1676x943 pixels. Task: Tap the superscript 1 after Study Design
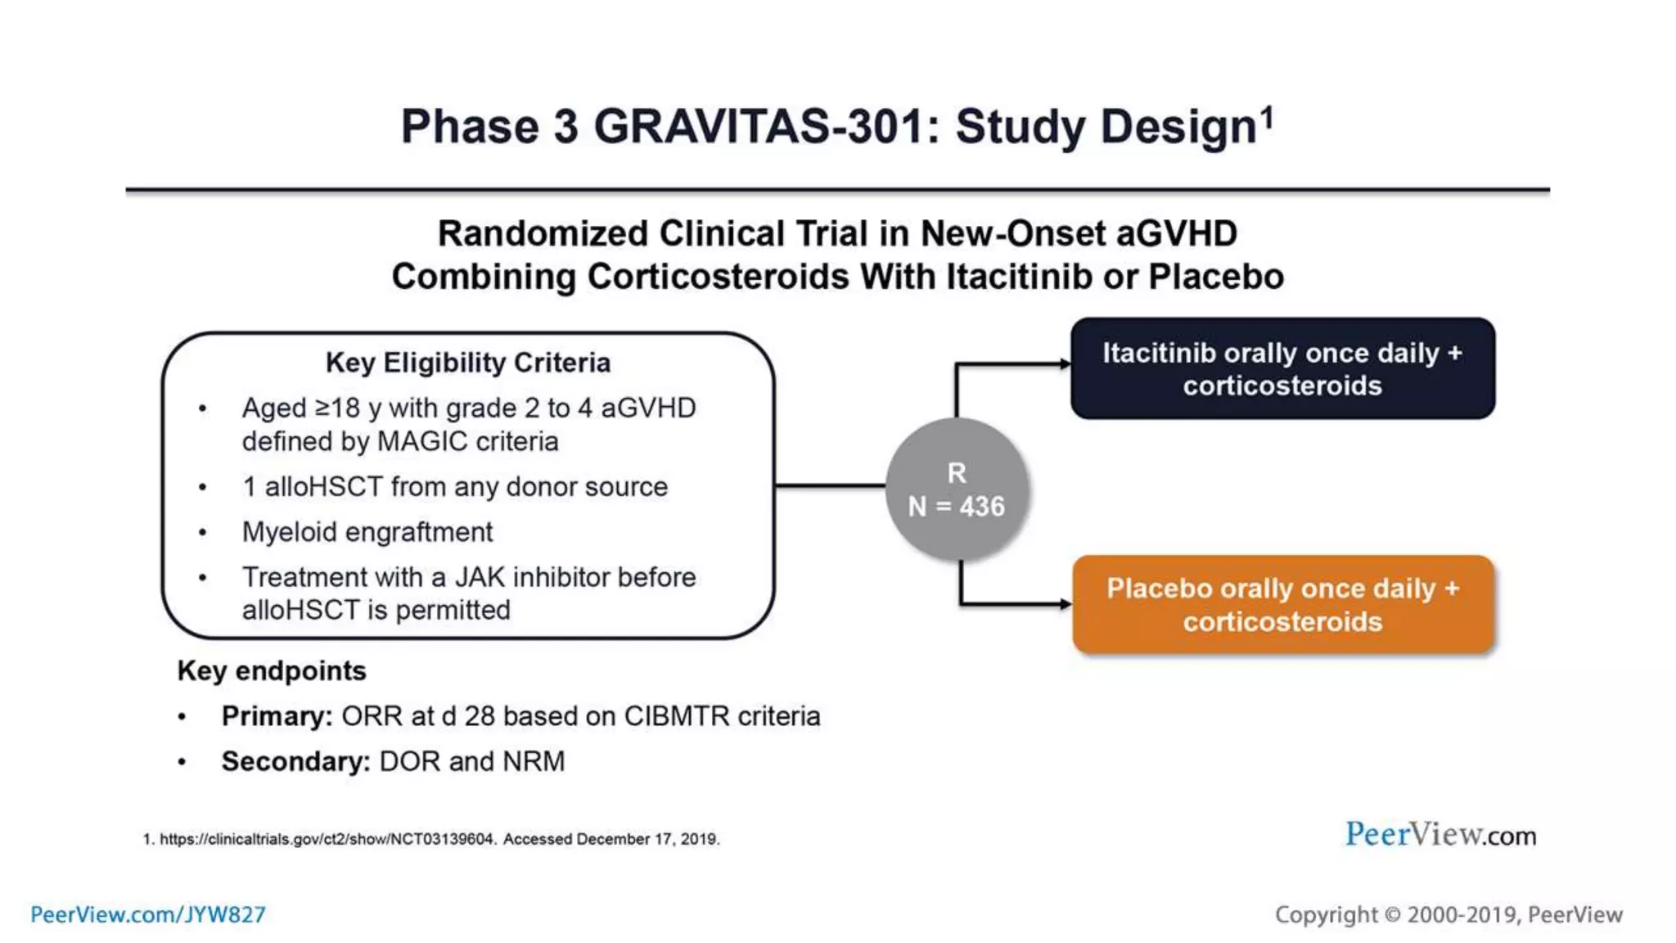click(1267, 118)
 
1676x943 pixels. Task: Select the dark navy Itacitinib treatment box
click(1282, 368)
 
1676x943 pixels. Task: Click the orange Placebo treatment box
click(1282, 604)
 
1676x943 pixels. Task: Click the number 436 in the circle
click(981, 507)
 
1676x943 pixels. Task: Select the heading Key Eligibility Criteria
click(467, 363)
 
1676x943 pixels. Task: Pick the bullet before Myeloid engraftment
click(202, 533)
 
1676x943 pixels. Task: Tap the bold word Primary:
click(277, 716)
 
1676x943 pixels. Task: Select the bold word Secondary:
click(295, 761)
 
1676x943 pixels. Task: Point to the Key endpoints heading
click(272, 671)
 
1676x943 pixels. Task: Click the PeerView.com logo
click(1440, 835)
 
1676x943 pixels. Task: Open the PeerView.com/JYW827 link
click(148, 914)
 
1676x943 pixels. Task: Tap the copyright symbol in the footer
click(1392, 915)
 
